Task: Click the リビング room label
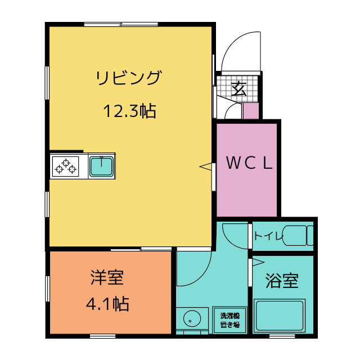(x=128, y=78)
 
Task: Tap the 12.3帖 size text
(x=129, y=111)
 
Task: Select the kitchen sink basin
(x=101, y=166)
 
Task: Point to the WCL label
(x=249, y=163)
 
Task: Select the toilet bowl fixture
(x=296, y=235)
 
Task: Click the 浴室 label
(x=282, y=280)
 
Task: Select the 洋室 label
(x=107, y=277)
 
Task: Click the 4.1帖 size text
(x=107, y=304)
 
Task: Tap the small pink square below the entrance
(x=250, y=111)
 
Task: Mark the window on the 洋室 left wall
(x=47, y=292)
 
